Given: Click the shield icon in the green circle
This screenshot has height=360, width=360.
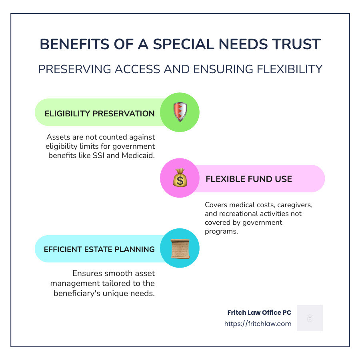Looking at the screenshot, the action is [x=180, y=112].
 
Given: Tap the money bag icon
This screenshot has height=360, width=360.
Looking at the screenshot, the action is [x=180, y=178].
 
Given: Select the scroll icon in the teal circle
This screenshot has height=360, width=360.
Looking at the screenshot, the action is [x=180, y=249].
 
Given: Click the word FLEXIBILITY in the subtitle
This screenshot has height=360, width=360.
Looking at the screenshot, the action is [x=290, y=69].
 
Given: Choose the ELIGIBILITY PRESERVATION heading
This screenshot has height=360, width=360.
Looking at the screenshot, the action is [x=100, y=114].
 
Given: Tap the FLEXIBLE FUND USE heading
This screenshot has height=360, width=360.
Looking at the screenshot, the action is [x=249, y=179].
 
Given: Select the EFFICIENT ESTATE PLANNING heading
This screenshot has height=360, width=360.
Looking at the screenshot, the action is [x=99, y=249].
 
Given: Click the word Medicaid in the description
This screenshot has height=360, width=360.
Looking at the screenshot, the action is [x=138, y=156].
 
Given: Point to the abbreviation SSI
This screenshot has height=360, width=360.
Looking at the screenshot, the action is [x=98, y=156].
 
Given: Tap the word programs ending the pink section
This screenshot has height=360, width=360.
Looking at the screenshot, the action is [x=221, y=231].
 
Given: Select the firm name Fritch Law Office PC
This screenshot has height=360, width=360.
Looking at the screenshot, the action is [x=260, y=312].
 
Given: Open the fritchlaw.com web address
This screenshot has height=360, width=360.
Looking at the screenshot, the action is [x=258, y=324].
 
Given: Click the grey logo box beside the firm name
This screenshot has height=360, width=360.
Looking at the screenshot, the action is [x=310, y=318].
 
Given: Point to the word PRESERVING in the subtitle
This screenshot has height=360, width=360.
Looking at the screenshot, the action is [x=75, y=69].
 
